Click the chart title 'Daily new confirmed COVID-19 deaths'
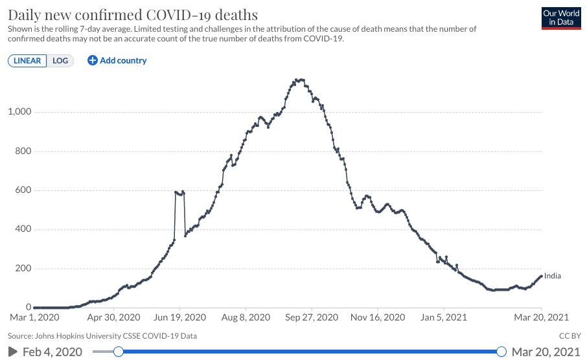[x=132, y=14]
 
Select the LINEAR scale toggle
[x=27, y=61]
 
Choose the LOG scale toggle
[x=60, y=61]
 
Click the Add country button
[x=117, y=61]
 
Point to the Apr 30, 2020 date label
[x=114, y=318]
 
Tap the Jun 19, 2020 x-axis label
[x=179, y=318]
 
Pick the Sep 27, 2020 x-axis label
[x=311, y=318]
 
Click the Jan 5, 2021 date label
[x=443, y=318]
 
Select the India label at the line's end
[x=553, y=276]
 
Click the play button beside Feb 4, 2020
[x=12, y=351]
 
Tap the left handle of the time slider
[x=118, y=351]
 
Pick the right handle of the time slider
[x=501, y=351]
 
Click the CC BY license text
[x=570, y=336]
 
